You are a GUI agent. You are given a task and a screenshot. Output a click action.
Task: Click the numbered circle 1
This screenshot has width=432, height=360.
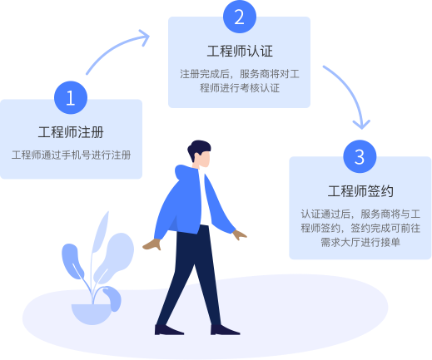[x=71, y=97]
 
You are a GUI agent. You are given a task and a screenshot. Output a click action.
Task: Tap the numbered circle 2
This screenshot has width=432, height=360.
[x=240, y=17]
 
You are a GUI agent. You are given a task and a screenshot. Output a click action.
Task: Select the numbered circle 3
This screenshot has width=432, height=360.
[x=360, y=156]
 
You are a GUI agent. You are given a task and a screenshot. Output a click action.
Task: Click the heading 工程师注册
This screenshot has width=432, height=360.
[x=71, y=132]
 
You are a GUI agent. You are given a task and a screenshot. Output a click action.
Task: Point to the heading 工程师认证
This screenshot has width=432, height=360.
[x=240, y=51]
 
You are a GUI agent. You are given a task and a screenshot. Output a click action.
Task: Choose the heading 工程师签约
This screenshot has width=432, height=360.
[x=360, y=191]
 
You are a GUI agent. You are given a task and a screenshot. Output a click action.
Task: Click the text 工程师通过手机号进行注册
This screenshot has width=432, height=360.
[x=71, y=155]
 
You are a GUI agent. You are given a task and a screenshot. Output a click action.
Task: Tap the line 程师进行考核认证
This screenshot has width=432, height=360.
[x=240, y=88]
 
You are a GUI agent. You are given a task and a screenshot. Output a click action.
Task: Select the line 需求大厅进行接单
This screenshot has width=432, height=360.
[x=360, y=242]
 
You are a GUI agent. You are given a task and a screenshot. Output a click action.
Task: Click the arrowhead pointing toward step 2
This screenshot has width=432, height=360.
[x=144, y=37]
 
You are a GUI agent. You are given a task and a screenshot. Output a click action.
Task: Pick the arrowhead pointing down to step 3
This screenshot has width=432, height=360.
[x=361, y=124]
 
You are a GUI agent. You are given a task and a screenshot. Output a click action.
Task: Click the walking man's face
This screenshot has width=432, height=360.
[x=204, y=159]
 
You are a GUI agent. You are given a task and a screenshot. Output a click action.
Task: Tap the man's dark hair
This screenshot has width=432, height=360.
[x=198, y=148]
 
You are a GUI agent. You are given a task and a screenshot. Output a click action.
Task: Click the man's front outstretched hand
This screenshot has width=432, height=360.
[x=239, y=235]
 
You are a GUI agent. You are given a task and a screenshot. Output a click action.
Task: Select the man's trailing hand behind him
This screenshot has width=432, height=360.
[x=152, y=244]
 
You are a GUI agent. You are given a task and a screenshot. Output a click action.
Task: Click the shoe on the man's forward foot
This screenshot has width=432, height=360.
[x=224, y=330]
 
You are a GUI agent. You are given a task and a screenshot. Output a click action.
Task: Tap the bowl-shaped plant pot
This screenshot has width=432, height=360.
[x=92, y=314]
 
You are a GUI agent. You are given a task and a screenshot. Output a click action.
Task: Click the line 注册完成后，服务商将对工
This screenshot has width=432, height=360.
[x=240, y=74]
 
